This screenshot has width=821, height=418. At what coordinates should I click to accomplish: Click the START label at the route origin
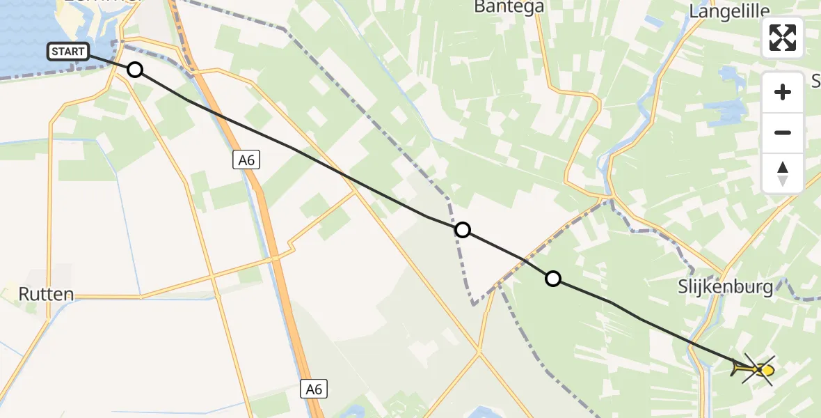(68, 51)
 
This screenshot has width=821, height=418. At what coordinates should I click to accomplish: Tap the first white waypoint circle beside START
(135, 70)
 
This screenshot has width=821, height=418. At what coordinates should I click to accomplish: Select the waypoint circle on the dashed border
(462, 230)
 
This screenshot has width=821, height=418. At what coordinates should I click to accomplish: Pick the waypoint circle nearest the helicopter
(552, 279)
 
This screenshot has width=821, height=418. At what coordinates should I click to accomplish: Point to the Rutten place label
(46, 294)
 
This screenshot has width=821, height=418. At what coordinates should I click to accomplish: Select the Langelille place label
(729, 10)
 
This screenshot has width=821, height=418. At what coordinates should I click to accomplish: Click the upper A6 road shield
(246, 160)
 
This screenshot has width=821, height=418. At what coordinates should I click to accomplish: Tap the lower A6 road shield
(315, 389)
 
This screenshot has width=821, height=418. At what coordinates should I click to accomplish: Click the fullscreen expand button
(783, 37)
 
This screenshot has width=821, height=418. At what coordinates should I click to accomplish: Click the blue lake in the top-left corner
(28, 28)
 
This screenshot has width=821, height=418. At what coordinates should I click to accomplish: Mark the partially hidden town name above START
(104, 2)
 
